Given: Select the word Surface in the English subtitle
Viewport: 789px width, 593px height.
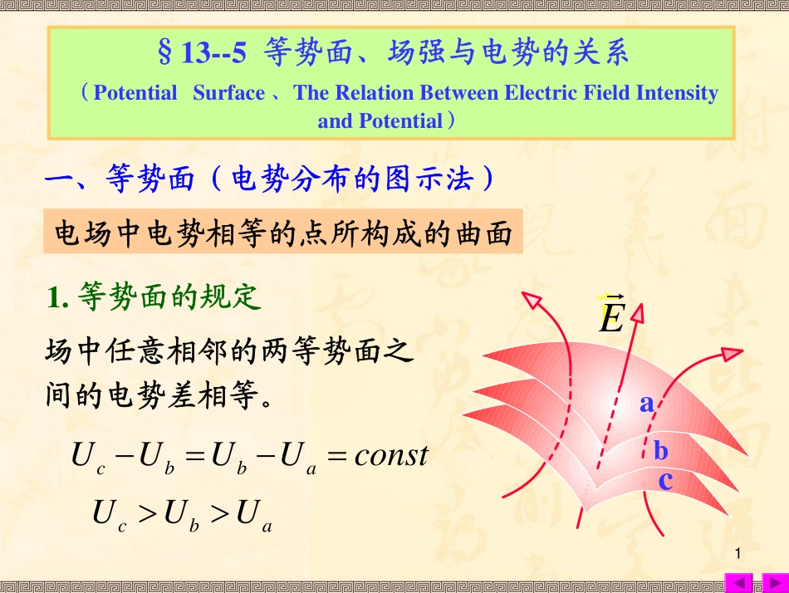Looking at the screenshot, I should pyautogui.click(x=229, y=93).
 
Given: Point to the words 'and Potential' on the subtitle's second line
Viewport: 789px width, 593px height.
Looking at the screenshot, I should pyautogui.click(x=380, y=121).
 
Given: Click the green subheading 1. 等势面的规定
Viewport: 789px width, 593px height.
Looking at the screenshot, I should pyautogui.click(x=154, y=296).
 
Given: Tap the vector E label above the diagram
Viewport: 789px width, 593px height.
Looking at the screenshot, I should pyautogui.click(x=611, y=316).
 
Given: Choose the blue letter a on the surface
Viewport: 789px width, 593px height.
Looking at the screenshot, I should pyautogui.click(x=646, y=404).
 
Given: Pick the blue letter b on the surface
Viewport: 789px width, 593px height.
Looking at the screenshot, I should pyautogui.click(x=660, y=451).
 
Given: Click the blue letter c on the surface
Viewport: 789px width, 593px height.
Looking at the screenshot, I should pyautogui.click(x=665, y=480).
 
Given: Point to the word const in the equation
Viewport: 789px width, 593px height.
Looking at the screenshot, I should pyautogui.click(x=390, y=455).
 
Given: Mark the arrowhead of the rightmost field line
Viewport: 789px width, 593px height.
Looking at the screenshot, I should pyautogui.click(x=733, y=355).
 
